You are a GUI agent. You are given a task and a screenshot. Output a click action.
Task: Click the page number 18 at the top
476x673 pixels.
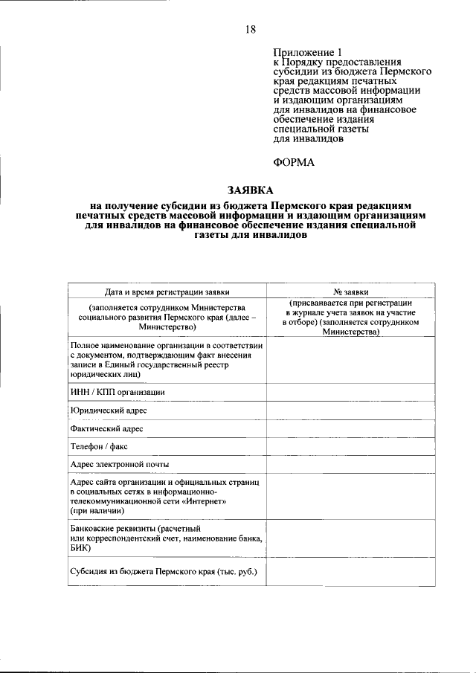point(250,29)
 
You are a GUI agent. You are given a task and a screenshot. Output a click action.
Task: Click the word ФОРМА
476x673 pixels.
point(293,162)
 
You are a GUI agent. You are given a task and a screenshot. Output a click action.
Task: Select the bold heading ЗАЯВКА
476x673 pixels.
point(250,189)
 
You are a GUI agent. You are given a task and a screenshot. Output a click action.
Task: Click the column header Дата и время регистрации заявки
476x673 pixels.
point(167,292)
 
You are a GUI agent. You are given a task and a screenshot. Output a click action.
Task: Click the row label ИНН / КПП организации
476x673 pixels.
point(118,391)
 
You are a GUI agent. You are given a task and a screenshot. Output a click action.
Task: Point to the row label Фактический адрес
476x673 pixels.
point(107,428)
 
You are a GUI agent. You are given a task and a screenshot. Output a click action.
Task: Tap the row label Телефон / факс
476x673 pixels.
point(102,446)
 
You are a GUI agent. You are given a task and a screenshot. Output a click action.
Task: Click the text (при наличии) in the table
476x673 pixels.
point(97,512)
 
